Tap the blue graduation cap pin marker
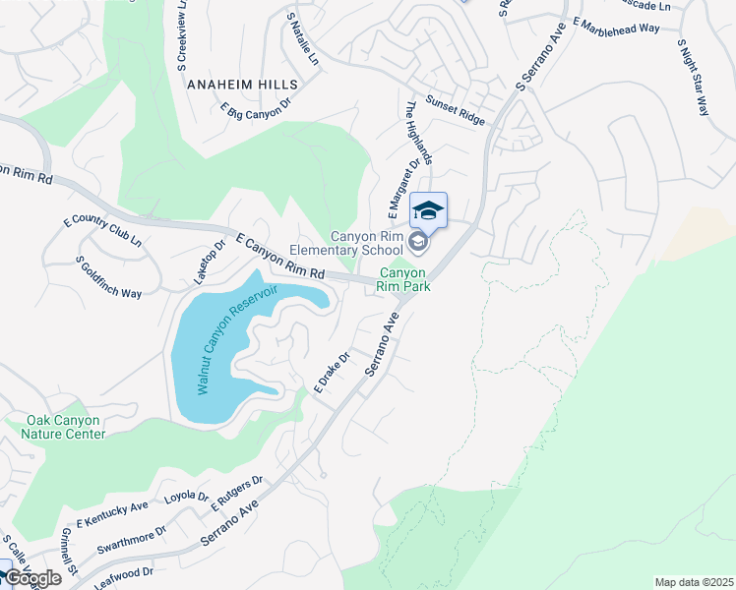coord(428,211)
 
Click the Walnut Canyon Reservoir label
coord(237,339)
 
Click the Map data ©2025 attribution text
coord(693,582)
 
